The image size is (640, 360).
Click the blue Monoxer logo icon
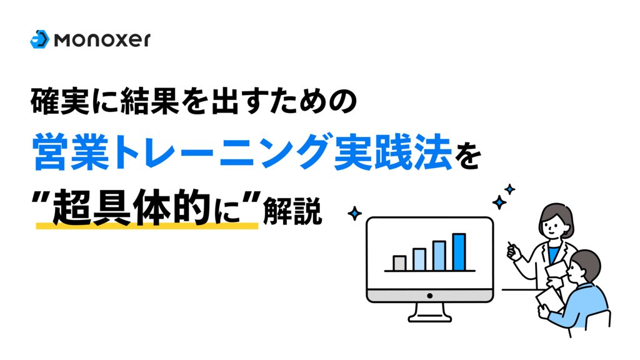[x=39, y=39]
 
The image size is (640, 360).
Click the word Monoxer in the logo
[x=102, y=39]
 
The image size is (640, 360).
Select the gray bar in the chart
[x=399, y=263]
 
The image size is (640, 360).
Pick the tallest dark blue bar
[x=459, y=252]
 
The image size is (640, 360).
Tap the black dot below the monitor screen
[x=429, y=296]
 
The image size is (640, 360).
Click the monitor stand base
[x=430, y=316]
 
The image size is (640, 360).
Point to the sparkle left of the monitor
[x=354, y=214]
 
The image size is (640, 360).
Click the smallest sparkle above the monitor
[x=509, y=189]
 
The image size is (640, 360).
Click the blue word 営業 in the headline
[x=71, y=152]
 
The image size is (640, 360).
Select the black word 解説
[x=292, y=211]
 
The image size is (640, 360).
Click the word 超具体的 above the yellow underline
[x=131, y=207]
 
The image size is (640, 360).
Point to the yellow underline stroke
[x=147, y=225]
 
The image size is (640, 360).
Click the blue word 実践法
[x=392, y=152]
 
